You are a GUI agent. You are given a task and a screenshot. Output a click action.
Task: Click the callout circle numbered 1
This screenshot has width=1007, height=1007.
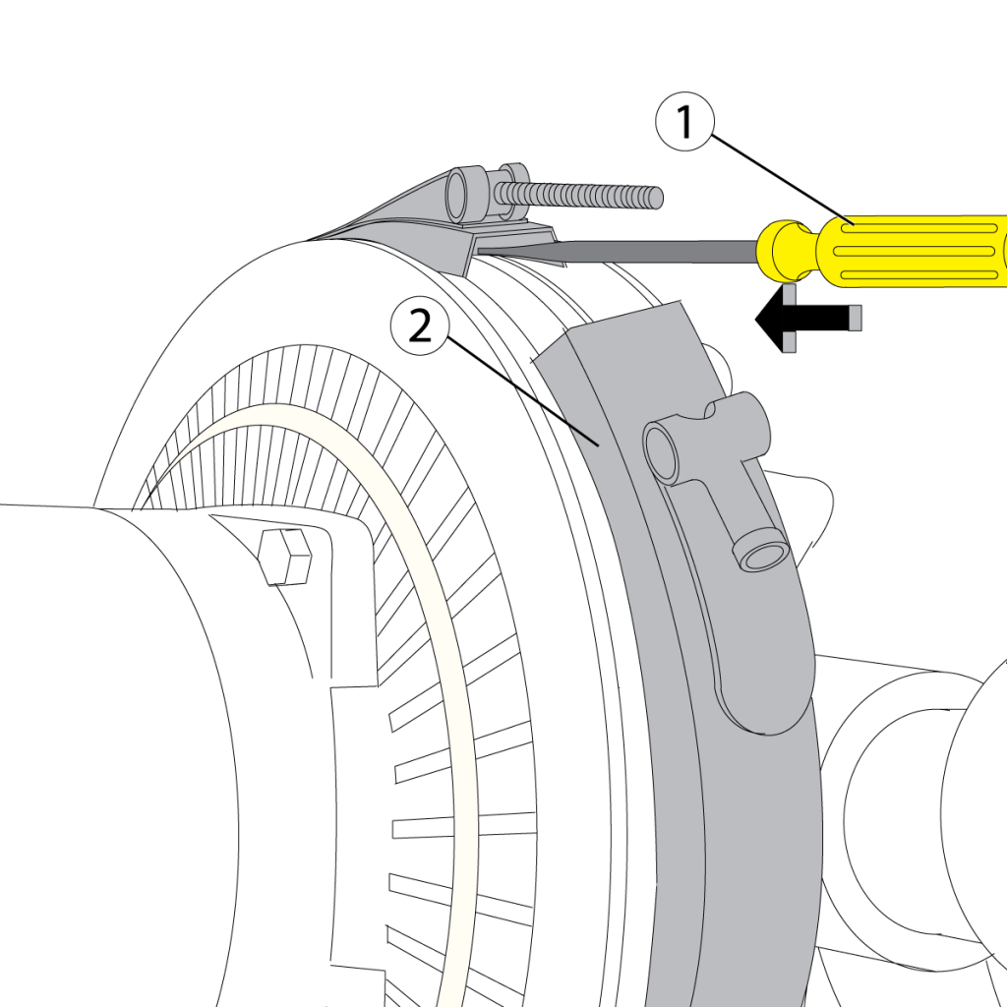coord(686,122)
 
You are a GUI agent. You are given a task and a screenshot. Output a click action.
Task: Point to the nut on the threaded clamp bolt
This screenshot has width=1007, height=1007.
coord(511,189)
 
